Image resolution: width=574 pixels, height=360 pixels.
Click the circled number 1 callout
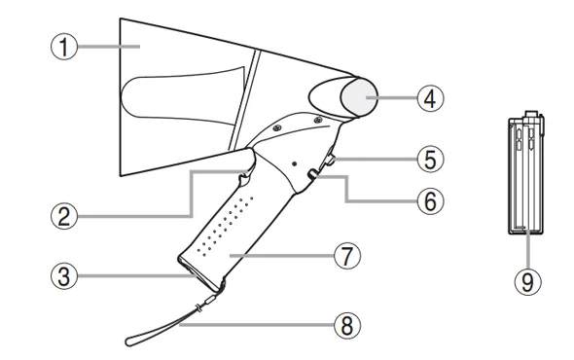click(x=64, y=47)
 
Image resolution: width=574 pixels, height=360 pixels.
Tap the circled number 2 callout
click(x=64, y=216)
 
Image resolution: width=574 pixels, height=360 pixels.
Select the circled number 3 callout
click(x=64, y=275)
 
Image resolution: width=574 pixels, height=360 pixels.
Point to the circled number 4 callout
click(x=430, y=97)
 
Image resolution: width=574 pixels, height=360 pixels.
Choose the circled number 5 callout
click(x=430, y=159)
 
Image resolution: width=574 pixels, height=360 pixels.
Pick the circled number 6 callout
click(x=430, y=200)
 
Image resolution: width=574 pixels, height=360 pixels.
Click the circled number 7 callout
click(x=347, y=256)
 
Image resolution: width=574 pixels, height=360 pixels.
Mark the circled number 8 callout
click(x=347, y=325)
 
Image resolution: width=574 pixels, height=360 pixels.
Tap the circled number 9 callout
click(x=527, y=281)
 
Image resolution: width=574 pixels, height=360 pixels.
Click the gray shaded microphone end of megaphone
click(x=359, y=97)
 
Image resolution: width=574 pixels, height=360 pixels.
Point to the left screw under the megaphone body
click(x=277, y=127)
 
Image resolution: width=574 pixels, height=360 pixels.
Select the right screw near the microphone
click(x=318, y=120)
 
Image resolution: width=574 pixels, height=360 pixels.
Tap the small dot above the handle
click(x=295, y=163)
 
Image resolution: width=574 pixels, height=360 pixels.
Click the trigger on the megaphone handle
click(x=246, y=178)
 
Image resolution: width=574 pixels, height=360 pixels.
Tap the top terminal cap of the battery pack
click(x=531, y=114)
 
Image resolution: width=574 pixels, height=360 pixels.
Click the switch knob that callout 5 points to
click(x=330, y=160)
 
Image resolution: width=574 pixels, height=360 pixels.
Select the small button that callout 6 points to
click(x=312, y=174)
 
